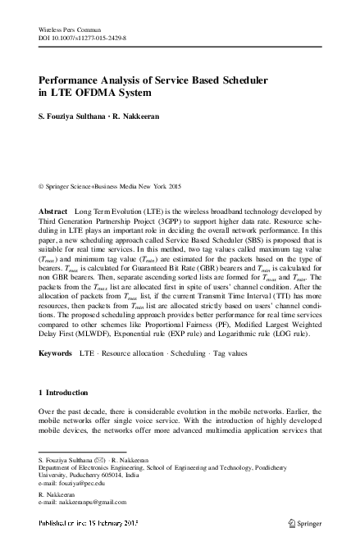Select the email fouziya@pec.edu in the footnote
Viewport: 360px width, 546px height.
(x=77, y=484)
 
